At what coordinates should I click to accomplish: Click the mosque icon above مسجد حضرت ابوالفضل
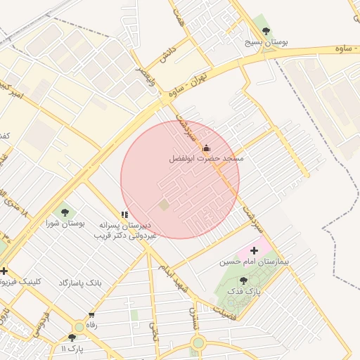coord(206,148)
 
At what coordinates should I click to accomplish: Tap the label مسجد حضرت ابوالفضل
coord(206,159)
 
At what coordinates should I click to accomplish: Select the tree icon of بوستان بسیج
coord(265,30)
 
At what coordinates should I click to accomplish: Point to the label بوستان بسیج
coord(266,42)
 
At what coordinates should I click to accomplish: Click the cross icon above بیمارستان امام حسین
coord(254,250)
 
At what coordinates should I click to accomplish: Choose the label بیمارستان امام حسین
coord(249,261)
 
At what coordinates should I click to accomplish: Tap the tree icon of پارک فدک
coord(243,280)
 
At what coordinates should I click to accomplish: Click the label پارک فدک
coord(247,290)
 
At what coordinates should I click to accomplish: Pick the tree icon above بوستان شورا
coord(65,211)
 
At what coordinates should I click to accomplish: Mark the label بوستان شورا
coord(65,223)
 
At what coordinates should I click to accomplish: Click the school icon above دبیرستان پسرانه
coord(124,214)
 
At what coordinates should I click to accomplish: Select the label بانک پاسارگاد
coord(79,282)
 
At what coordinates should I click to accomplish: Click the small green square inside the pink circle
coord(164,205)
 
